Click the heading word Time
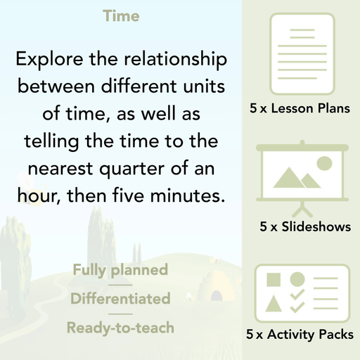pos(121,15)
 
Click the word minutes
pos(184,197)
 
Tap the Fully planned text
pos(120,269)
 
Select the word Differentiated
pos(120,298)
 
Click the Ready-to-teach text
pos(120,327)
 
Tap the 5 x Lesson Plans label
pos(300,108)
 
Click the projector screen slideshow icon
pos(300,176)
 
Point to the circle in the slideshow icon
pos(324,164)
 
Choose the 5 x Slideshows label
pos(305,226)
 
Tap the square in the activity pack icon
pos(274,280)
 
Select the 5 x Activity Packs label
pos(300,335)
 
